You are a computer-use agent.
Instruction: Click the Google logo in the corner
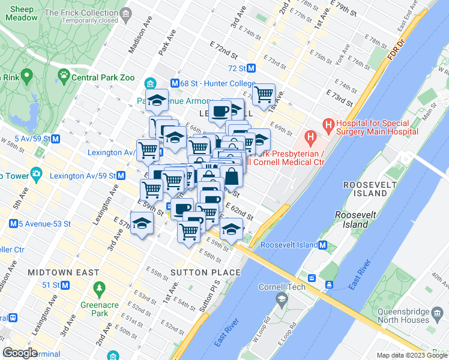pyautogui.click(x=20, y=353)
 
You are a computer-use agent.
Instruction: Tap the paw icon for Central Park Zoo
pyautogui.click(x=63, y=76)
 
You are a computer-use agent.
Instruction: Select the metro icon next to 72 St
pyautogui.click(x=252, y=68)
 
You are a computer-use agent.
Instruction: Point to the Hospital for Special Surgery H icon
pyautogui.click(x=328, y=125)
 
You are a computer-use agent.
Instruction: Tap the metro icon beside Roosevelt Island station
pyautogui.click(x=322, y=245)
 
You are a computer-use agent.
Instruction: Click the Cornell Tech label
pyautogui.click(x=282, y=287)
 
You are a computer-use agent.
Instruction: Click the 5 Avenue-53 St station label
pyautogui.click(x=45, y=224)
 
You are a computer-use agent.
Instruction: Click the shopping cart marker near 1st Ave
pyautogui.click(x=264, y=94)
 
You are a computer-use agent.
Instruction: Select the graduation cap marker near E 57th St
pyautogui.click(x=142, y=224)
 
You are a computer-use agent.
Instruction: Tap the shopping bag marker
pyautogui.click(x=232, y=177)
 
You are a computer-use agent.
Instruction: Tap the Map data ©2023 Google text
pyautogui.click(x=411, y=355)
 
